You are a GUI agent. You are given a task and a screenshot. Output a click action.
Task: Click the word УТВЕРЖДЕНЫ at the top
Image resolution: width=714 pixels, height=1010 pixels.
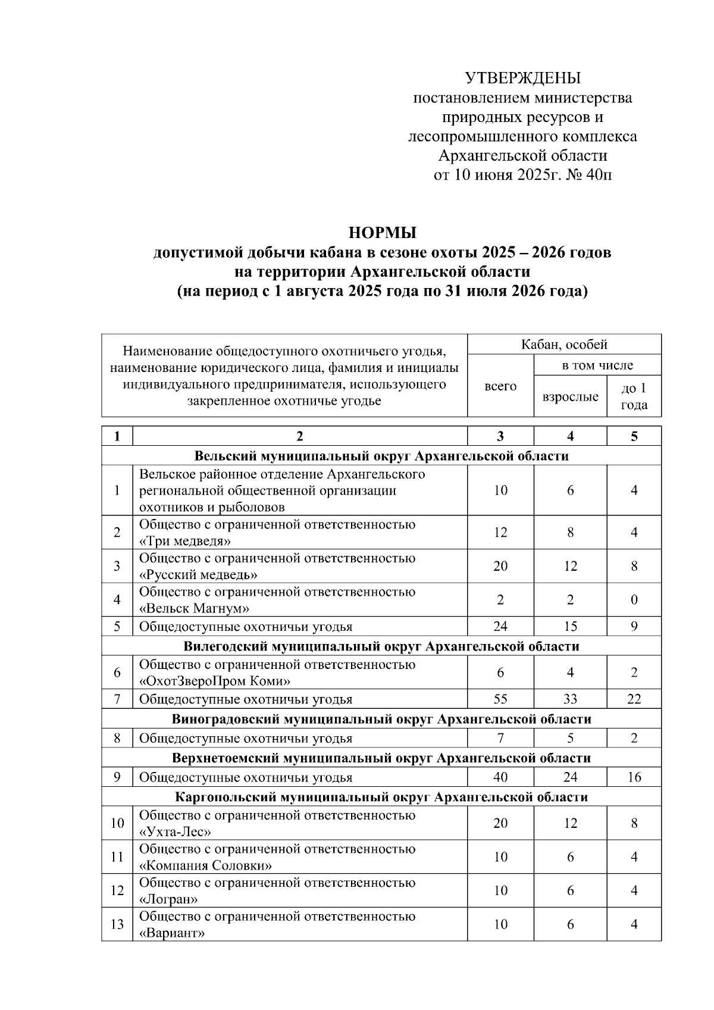pyautogui.click(x=522, y=78)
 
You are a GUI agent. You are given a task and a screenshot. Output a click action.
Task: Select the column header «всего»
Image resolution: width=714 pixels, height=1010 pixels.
pyautogui.click(x=500, y=386)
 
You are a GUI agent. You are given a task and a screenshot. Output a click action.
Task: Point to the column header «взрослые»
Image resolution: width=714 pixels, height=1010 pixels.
pyautogui.click(x=570, y=396)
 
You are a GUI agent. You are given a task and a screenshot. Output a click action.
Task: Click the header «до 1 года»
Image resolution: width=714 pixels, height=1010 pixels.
pyautogui.click(x=634, y=396)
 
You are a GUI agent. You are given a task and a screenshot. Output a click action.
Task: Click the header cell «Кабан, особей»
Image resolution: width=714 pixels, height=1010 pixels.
pyautogui.click(x=564, y=345)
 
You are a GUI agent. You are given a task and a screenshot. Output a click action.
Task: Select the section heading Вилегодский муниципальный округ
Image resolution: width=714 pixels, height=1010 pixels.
pyautogui.click(x=381, y=646)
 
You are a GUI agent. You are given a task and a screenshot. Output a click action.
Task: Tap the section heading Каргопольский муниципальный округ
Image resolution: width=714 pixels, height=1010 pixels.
pyautogui.click(x=381, y=797)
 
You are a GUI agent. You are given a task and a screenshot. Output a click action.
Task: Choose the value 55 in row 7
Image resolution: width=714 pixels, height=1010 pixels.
pyautogui.click(x=500, y=699)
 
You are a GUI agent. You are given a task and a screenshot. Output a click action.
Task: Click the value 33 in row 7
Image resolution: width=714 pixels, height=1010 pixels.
pyautogui.click(x=570, y=699)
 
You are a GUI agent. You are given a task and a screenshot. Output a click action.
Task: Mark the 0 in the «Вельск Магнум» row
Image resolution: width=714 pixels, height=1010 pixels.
pyautogui.click(x=634, y=600)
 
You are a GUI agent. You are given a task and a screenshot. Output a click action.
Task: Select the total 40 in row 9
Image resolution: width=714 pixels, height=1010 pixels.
pyautogui.click(x=500, y=777)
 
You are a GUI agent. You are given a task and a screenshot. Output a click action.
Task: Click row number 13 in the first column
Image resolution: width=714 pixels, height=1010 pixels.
pyautogui.click(x=117, y=924)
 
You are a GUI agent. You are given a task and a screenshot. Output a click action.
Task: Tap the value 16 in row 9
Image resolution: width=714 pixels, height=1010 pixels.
pyautogui.click(x=634, y=777)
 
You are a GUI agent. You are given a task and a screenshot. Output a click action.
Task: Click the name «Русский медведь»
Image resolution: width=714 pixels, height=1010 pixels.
pyautogui.click(x=198, y=575)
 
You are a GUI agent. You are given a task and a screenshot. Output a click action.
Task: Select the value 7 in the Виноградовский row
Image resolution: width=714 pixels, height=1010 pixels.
pyautogui.click(x=500, y=739)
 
